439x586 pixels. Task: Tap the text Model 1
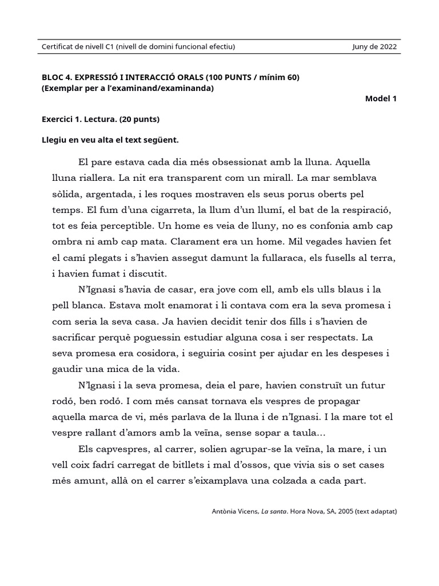[381, 98]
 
